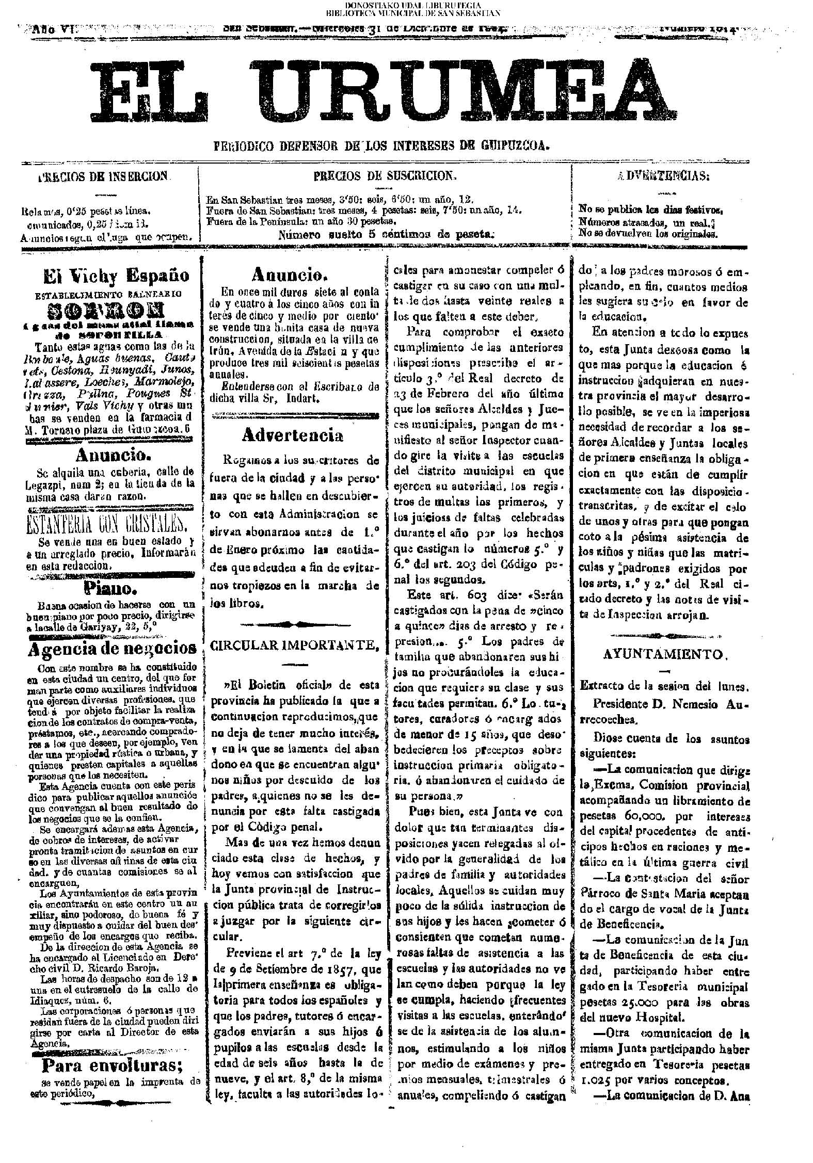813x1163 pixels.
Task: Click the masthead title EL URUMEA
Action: (x=385, y=92)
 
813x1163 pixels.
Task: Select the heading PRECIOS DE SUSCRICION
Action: (x=386, y=175)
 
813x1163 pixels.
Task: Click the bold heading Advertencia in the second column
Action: (x=292, y=436)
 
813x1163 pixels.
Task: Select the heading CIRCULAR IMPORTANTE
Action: (x=295, y=645)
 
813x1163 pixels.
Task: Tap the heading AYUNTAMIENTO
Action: (x=665, y=654)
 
